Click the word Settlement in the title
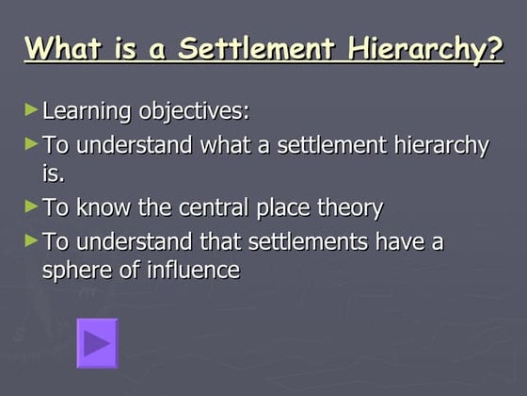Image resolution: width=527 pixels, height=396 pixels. [x=266, y=48]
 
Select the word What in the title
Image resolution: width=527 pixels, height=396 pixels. [x=61, y=48]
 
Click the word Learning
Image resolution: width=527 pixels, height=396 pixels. [x=88, y=111]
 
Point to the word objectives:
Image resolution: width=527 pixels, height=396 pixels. [x=194, y=111]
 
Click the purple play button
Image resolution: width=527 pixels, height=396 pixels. [x=97, y=342]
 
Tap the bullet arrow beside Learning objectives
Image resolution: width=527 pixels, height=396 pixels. [x=32, y=109]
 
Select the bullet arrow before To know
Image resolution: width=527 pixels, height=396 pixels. [x=32, y=206]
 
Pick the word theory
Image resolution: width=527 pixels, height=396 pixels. [x=348, y=207]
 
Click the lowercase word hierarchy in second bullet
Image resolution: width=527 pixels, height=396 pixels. [x=434, y=145]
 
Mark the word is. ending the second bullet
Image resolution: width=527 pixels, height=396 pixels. [x=54, y=173]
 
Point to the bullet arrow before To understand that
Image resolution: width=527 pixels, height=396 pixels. [x=32, y=240]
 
